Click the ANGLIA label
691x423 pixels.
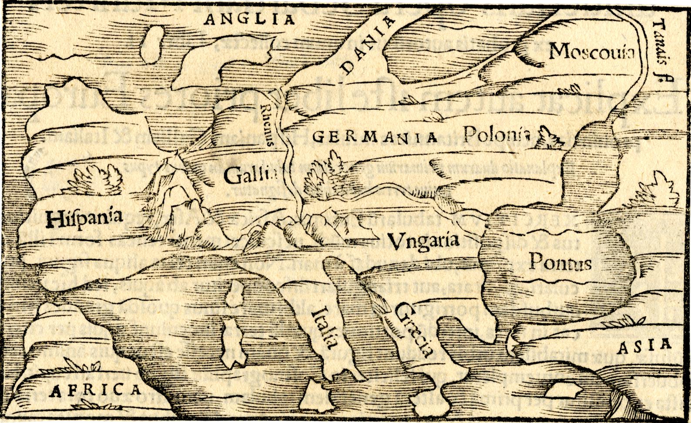coord(250,19)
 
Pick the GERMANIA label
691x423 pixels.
coord(375,137)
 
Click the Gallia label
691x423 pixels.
coord(251,176)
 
